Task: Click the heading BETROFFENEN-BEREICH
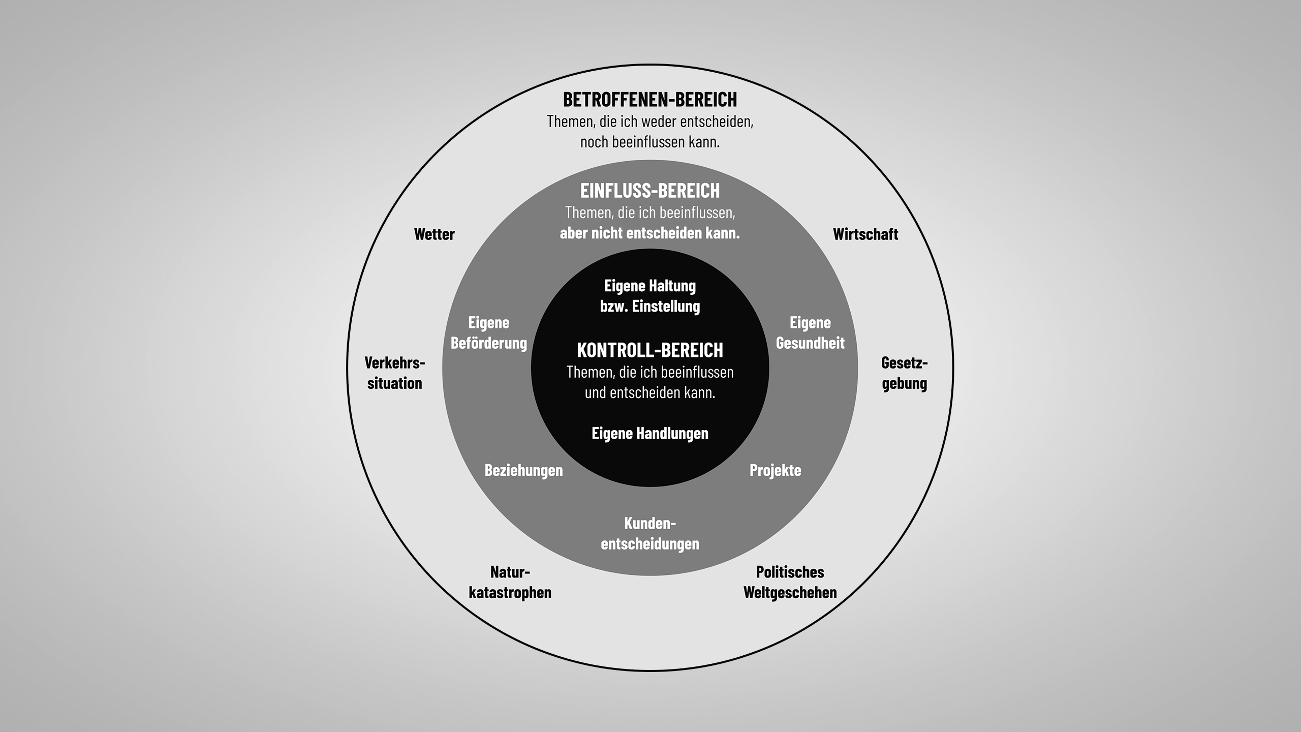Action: point(649,100)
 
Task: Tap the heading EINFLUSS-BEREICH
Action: point(649,191)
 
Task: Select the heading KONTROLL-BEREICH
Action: point(649,350)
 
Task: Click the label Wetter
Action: point(434,234)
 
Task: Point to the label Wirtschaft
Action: point(865,234)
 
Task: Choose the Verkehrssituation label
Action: point(395,373)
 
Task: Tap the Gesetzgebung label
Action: point(904,373)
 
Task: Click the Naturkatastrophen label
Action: point(510,583)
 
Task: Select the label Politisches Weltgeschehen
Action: point(790,583)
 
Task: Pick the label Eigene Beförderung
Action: point(489,333)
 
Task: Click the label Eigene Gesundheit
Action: point(810,333)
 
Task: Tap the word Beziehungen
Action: point(523,470)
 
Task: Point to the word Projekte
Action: point(775,470)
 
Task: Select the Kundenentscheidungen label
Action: point(649,534)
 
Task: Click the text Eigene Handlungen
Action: point(649,433)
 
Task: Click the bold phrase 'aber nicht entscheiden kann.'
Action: point(649,233)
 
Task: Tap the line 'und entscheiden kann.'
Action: point(649,393)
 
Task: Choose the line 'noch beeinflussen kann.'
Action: point(649,142)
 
